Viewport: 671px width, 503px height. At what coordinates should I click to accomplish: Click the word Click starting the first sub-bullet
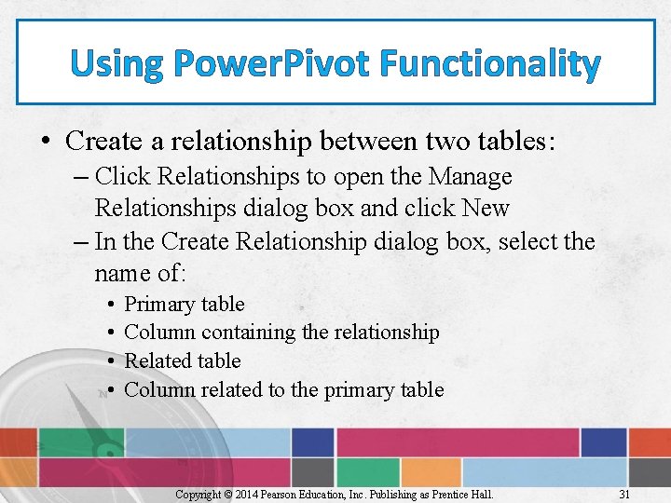click(x=124, y=177)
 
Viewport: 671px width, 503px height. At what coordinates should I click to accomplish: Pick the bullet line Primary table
click(x=184, y=305)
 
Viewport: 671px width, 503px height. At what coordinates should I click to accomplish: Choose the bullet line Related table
click(x=182, y=361)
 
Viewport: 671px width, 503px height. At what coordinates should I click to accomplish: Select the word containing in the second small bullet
click(x=246, y=333)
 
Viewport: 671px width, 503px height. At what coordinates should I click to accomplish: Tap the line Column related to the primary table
click(x=283, y=390)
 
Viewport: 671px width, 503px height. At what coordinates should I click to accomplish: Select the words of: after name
click(x=171, y=273)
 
